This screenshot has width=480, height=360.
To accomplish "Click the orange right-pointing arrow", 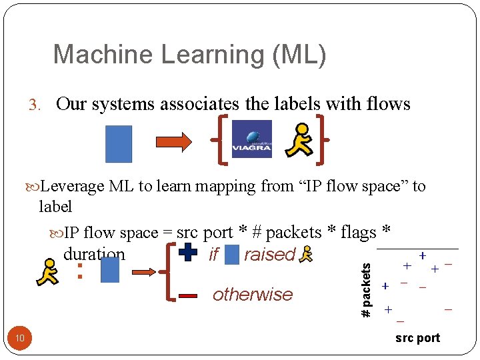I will [173, 141].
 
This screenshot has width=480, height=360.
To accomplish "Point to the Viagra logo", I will [251, 139].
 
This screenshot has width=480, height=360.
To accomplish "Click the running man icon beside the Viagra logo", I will [298, 140].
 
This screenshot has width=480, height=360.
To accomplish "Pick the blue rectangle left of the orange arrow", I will [119, 144].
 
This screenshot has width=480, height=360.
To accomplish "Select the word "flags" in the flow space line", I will [357, 232].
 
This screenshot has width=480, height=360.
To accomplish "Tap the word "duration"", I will [94, 254].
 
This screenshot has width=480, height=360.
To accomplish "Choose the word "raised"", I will [269, 254].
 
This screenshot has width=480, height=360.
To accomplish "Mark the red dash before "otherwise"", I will [189, 295].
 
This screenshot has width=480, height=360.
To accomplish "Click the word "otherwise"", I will [252, 295].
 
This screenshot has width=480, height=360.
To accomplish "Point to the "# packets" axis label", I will [365, 290].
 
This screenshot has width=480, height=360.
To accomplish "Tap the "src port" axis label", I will [417, 338].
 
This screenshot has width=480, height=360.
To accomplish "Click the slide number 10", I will [20, 339].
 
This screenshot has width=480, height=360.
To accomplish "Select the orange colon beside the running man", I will [79, 271].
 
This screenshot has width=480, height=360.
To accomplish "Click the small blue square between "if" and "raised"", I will [232, 254].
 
